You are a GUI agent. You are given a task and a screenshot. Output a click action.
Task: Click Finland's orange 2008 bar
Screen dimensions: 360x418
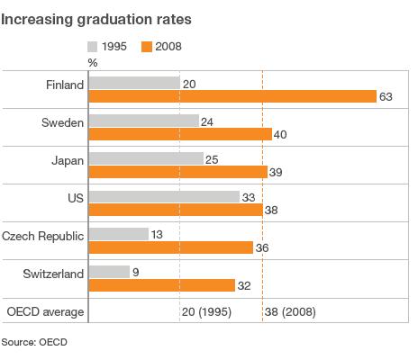(x=232, y=96)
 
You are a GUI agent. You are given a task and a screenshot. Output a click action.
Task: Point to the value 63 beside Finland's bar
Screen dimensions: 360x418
(x=388, y=96)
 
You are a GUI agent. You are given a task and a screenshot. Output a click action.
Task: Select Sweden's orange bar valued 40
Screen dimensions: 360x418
(x=180, y=134)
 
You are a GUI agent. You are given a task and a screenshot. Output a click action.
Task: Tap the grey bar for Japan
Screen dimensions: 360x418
(x=146, y=158)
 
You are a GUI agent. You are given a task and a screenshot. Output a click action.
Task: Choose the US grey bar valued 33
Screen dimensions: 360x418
(x=164, y=196)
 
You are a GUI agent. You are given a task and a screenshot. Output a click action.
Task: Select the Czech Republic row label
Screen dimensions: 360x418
(x=43, y=235)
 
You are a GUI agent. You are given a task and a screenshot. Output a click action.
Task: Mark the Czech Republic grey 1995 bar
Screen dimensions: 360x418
(x=118, y=234)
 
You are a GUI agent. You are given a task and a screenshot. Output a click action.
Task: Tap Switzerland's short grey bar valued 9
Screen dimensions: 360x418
(x=109, y=272)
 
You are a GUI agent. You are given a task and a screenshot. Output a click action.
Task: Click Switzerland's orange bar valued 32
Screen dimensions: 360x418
(x=162, y=284)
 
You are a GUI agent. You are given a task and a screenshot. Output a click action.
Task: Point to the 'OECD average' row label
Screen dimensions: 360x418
(x=45, y=312)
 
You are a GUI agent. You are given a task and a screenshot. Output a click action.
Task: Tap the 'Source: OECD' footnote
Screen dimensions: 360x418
(x=34, y=342)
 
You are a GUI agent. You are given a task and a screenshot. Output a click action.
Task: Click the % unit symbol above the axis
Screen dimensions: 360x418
(x=92, y=62)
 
